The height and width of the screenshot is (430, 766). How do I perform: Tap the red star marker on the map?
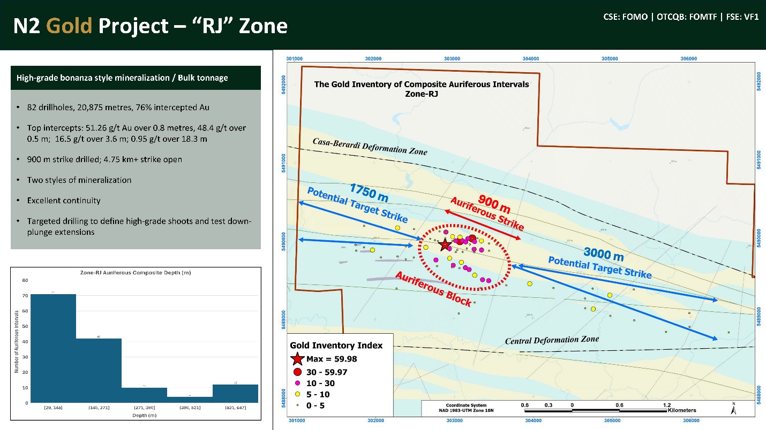point(445,245)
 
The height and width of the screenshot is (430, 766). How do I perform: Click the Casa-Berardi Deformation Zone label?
point(370,145)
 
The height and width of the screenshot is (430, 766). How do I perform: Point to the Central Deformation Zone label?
point(552,340)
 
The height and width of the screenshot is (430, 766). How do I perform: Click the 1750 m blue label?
point(369,193)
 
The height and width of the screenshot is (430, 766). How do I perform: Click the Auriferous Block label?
point(433,289)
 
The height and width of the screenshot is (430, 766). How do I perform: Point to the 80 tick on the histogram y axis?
point(25,280)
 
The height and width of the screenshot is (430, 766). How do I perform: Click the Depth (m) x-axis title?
point(145,416)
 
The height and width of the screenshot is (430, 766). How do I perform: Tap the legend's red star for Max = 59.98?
point(298,359)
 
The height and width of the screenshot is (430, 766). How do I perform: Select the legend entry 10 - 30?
point(320,383)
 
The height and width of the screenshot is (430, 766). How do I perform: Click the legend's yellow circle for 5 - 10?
point(298,394)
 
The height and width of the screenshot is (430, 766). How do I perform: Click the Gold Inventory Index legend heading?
point(336,345)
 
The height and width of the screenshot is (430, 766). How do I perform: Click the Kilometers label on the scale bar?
point(682,411)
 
